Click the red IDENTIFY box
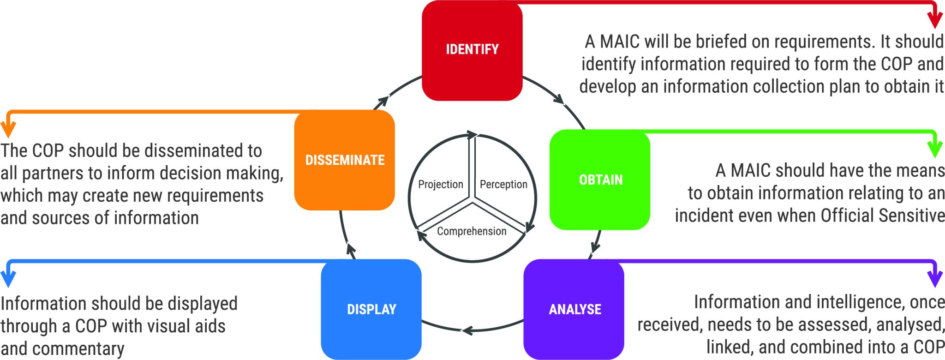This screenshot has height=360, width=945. [x=472, y=50]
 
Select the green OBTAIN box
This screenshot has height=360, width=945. [x=600, y=180]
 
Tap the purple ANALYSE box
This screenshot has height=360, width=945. [x=574, y=309]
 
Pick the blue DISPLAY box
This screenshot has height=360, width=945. [x=371, y=309]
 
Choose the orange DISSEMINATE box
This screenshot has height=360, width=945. [x=344, y=160]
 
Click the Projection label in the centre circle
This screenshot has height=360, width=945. [x=440, y=185]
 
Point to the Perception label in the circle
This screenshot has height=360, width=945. [x=503, y=185]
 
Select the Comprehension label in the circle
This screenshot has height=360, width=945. [x=472, y=231]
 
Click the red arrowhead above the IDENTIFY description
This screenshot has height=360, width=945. [x=935, y=21]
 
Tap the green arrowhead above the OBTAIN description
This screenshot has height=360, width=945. [x=935, y=150]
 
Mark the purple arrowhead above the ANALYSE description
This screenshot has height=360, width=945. [x=935, y=279]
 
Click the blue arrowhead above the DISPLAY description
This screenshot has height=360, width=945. [x=8, y=280]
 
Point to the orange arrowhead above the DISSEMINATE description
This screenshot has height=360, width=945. [x=8, y=130]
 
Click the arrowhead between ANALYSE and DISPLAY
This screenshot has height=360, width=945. [x=467, y=330]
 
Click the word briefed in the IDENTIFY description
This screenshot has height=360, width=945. [x=722, y=42]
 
